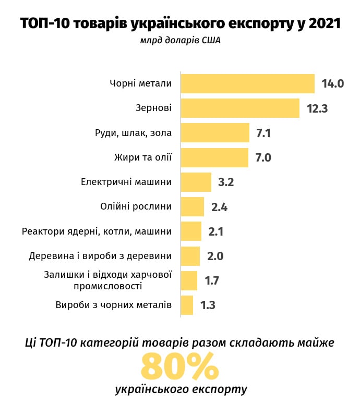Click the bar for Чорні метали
[x=247, y=83]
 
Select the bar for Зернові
[x=240, y=108]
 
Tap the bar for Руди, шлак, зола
[x=215, y=133]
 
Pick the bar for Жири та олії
[x=214, y=157]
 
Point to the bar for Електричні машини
[x=196, y=182]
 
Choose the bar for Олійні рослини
[x=193, y=206]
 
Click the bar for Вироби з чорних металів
[x=187, y=305]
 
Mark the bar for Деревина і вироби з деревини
[x=190, y=256]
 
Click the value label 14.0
[x=333, y=83]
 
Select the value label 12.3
[x=317, y=108]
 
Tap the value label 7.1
[x=263, y=133]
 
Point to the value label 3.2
[x=225, y=182]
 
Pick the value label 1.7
[x=211, y=280]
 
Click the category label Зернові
[x=153, y=108]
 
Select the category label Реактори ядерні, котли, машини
[x=97, y=231]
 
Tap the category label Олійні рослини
[x=136, y=206]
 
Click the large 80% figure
[x=179, y=366]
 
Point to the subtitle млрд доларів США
[x=180, y=41]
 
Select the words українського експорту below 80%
[x=180, y=390]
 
